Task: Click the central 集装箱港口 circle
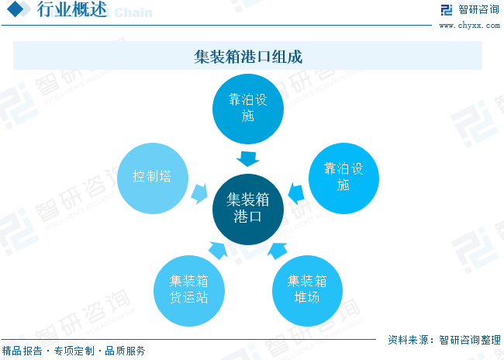[248, 209]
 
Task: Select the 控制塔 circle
[153, 178]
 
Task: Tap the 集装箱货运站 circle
[189, 291]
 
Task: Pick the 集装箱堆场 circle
[307, 291]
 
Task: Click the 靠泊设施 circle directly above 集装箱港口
[248, 109]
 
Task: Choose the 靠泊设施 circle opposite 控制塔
[343, 178]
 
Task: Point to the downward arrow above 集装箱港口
[248, 159]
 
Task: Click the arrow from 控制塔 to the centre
[199, 194]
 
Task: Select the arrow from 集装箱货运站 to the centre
[219, 251]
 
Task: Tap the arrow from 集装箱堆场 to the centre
[278, 251]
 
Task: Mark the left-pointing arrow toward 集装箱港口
[296, 194]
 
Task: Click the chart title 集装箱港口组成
[248, 57]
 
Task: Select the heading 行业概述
[71, 9]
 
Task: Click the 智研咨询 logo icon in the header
[447, 10]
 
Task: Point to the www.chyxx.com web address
[469, 26]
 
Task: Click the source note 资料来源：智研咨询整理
[444, 340]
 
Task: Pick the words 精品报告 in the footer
[22, 351]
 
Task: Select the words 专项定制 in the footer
[74, 351]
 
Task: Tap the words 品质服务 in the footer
[126, 351]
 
